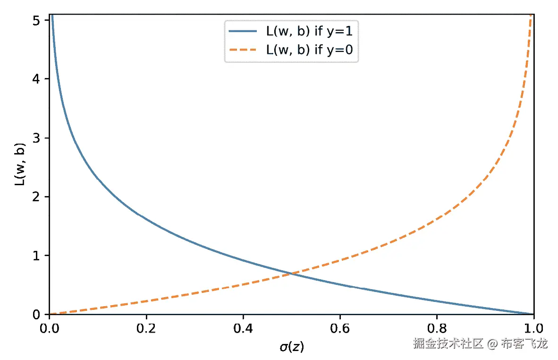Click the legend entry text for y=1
309,32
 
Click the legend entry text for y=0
309,50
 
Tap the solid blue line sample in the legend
243,32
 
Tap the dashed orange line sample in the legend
243,50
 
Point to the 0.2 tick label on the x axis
146,326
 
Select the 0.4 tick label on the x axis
243,326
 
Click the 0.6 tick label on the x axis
340,326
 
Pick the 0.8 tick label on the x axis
437,326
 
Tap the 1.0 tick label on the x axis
533,326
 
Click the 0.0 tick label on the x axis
49,326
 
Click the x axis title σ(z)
291,347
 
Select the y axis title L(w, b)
20,164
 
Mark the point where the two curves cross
292,274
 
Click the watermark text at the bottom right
480,343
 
